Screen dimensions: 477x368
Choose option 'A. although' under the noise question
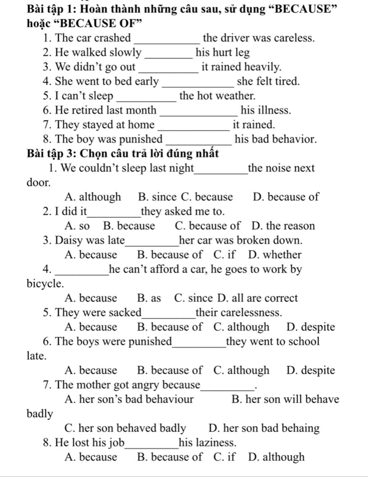click(93, 197)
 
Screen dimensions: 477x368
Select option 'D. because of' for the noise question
click(286, 197)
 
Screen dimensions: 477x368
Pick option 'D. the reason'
click(283, 226)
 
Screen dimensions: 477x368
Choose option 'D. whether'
click(275, 255)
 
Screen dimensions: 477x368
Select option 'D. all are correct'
click(258, 298)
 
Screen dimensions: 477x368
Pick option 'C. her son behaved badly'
click(125, 428)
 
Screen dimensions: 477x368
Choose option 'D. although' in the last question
click(276, 457)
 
